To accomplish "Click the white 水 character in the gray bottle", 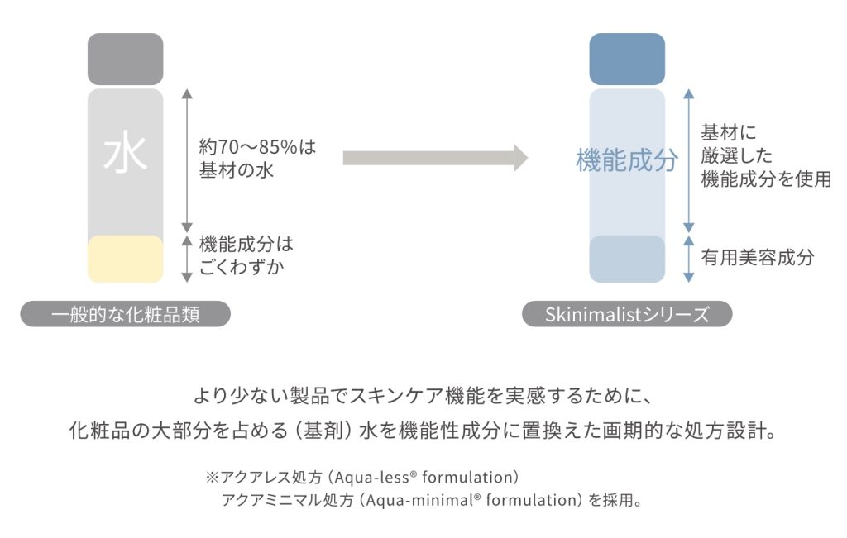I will pos(126,154).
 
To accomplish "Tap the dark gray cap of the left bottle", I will pos(126,60).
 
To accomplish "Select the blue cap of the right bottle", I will pos(627,60).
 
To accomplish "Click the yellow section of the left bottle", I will pos(126,259).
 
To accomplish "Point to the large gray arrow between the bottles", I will pos(435,157).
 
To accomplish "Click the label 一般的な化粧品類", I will pos(125,315).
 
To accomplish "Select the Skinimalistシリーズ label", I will pos(627,315).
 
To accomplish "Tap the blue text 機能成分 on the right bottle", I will pos(626,160).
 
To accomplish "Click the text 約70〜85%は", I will pos(257,148).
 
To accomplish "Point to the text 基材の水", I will pos(236,171).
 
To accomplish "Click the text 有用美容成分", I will pos(758,258).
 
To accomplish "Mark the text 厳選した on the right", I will pos(736,155).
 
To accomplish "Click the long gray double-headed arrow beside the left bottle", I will pos(186,159).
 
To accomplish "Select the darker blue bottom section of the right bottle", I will pos(627,259).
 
